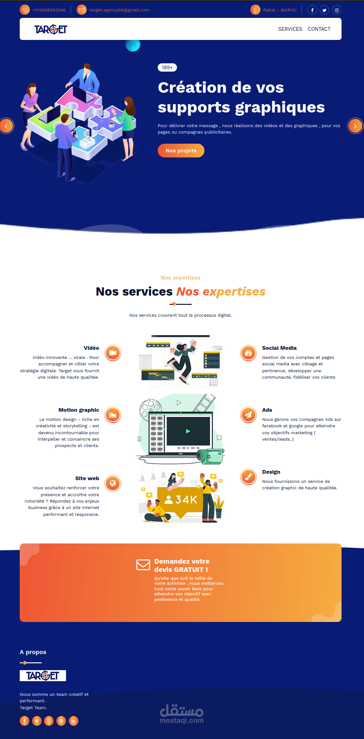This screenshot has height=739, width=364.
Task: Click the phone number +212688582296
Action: (x=49, y=10)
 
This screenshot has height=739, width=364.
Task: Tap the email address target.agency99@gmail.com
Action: (x=119, y=10)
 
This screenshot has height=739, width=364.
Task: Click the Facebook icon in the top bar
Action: (x=312, y=10)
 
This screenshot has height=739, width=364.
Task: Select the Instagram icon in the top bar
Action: (x=336, y=10)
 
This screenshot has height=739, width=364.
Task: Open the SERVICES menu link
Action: (x=290, y=29)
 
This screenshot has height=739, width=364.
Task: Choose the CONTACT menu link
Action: (x=319, y=29)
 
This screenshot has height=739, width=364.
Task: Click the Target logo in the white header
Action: (x=51, y=29)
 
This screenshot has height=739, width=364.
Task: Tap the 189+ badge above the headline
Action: (x=167, y=67)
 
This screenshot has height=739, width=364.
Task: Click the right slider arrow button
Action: (x=355, y=126)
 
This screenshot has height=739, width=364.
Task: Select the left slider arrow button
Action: (x=6, y=126)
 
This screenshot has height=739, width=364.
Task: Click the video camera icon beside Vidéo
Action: (x=113, y=353)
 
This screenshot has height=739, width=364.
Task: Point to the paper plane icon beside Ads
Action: (x=248, y=414)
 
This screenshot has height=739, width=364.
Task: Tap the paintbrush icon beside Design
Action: (x=248, y=477)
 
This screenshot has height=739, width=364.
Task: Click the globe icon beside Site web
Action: (x=113, y=483)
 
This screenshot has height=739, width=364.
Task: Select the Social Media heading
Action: (x=279, y=348)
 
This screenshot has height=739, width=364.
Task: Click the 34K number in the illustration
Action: (x=186, y=499)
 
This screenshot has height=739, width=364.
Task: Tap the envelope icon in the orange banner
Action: (x=143, y=565)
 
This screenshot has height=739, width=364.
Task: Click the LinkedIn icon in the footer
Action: (x=73, y=721)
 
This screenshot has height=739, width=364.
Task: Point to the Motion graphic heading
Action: (x=79, y=410)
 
